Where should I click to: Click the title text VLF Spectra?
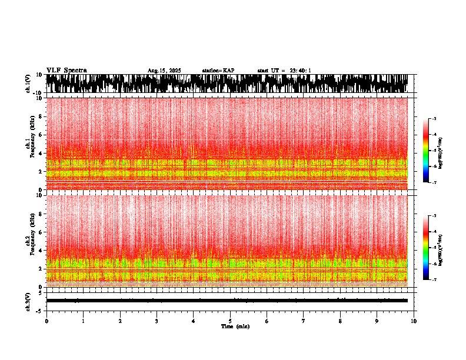pyautogui.click(x=66, y=70)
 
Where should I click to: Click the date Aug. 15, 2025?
pyautogui.click(x=164, y=71)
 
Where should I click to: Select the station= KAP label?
pyautogui.click(x=218, y=71)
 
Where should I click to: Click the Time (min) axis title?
pyautogui.click(x=235, y=326)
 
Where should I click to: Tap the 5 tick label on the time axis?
pyautogui.click(x=230, y=321)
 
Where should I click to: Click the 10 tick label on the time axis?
pyautogui.click(x=414, y=321)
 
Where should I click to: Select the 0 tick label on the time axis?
pyautogui.click(x=46, y=321)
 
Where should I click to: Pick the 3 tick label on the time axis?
pyautogui.click(x=157, y=321)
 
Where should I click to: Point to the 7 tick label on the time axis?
pyautogui.click(x=304, y=321)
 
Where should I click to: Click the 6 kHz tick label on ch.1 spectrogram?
pyautogui.click(x=41, y=135)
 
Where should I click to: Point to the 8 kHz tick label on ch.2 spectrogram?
pyautogui.click(x=41, y=214)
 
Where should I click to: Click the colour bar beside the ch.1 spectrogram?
pyautogui.click(x=427, y=151)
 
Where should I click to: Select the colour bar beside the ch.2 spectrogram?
pyautogui.click(x=427, y=248)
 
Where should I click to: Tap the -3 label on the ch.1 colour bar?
pyautogui.click(x=434, y=119)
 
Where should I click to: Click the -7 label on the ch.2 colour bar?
pyautogui.click(x=434, y=280)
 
